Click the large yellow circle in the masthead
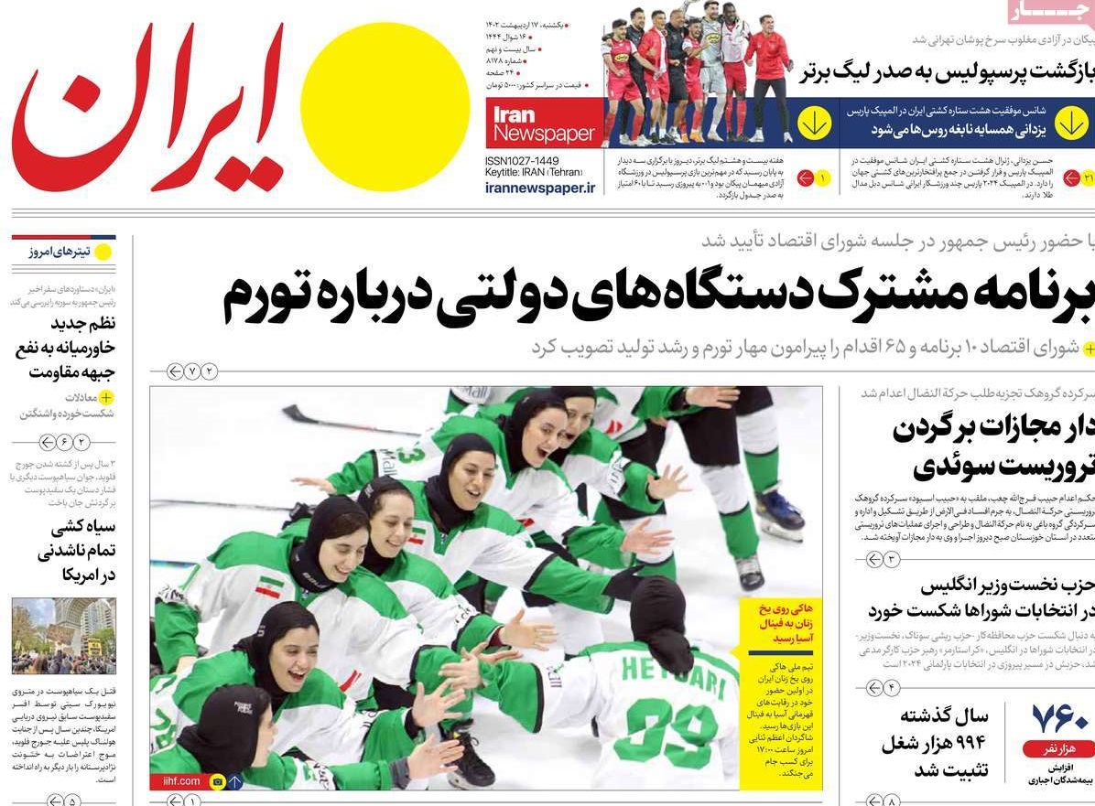(x=385, y=105)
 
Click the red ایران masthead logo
(x=151, y=108)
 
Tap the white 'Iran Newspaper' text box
(x=544, y=124)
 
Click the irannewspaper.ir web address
(x=540, y=188)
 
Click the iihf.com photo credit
(x=177, y=781)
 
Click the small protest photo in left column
(x=64, y=636)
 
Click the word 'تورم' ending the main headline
(x=266, y=295)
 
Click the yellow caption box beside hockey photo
(x=780, y=693)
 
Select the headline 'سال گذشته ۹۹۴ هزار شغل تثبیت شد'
(x=934, y=742)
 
